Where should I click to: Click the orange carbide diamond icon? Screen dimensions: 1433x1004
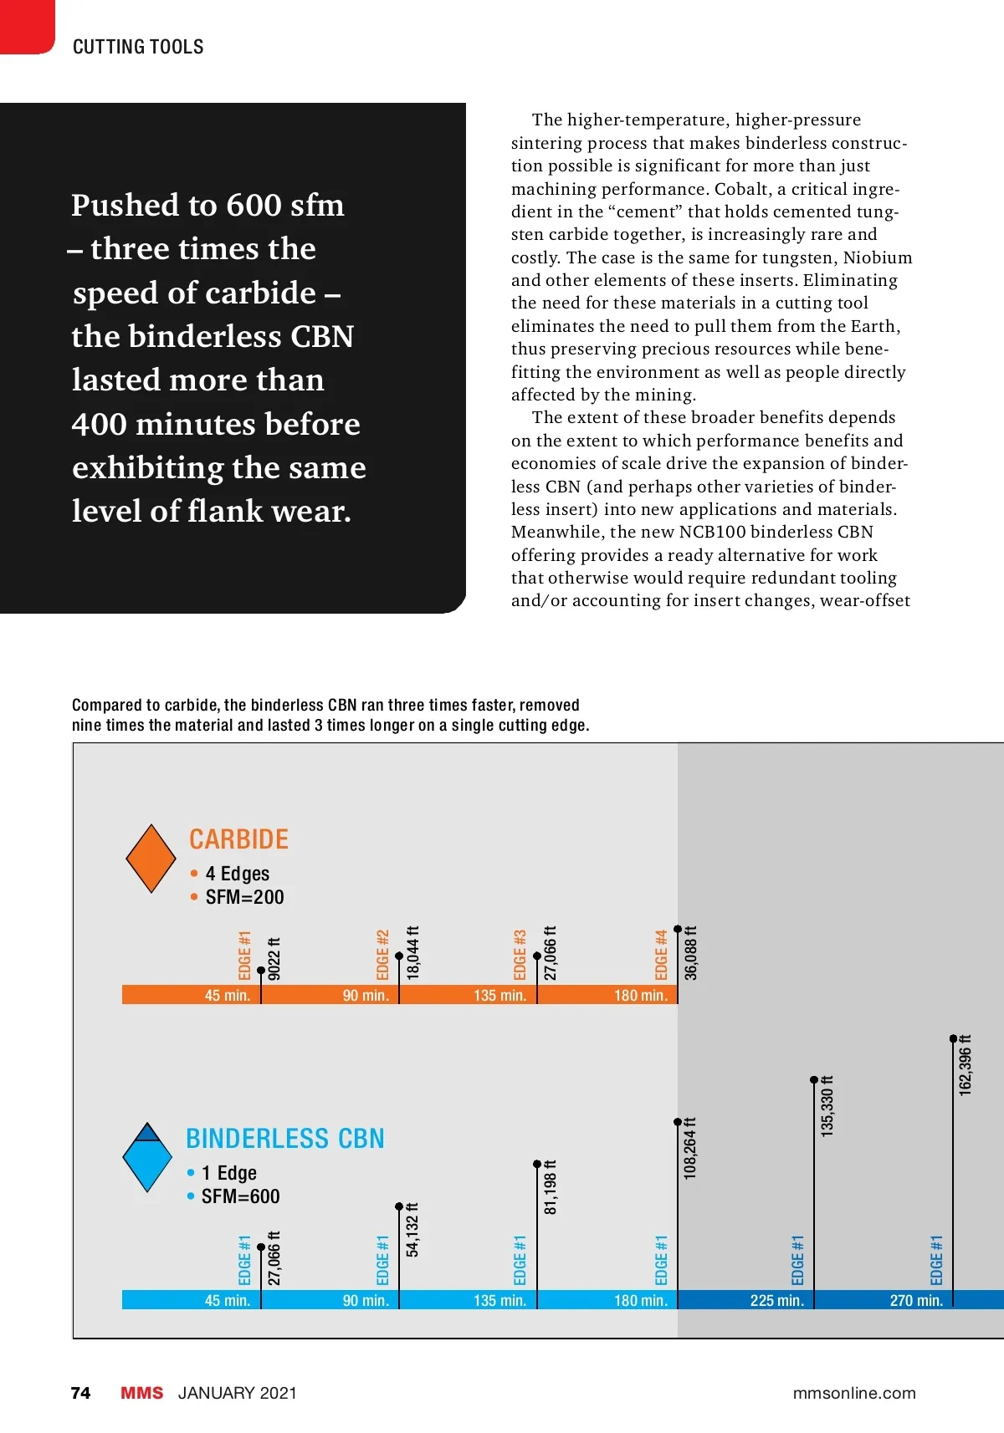[x=151, y=859]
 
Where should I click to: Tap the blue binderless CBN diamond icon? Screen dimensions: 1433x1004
[x=147, y=1157]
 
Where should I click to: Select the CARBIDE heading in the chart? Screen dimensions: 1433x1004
[x=238, y=839]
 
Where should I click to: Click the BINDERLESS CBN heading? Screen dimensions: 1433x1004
[x=284, y=1139]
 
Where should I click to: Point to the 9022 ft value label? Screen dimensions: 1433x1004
[x=274, y=958]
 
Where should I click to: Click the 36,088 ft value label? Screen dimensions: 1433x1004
[x=691, y=952]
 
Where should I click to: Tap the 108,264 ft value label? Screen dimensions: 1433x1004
[x=690, y=1148]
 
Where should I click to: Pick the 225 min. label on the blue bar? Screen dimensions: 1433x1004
[x=776, y=1300]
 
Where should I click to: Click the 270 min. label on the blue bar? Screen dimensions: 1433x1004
[x=916, y=1300]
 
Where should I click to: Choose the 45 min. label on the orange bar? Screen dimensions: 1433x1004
[x=228, y=995]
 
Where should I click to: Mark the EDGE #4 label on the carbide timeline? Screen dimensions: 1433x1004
[x=661, y=955]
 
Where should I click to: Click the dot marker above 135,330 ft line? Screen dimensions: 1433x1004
[x=814, y=1080]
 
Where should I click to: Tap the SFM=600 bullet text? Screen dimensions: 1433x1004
[x=240, y=1196]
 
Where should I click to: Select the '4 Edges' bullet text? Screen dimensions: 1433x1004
[x=238, y=874]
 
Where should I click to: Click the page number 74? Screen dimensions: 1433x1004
[x=80, y=1393]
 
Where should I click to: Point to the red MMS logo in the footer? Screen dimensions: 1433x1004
[x=141, y=1393]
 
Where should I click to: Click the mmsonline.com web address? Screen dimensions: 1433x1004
[x=853, y=1393]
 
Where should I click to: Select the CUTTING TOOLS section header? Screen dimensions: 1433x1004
[x=138, y=47]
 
